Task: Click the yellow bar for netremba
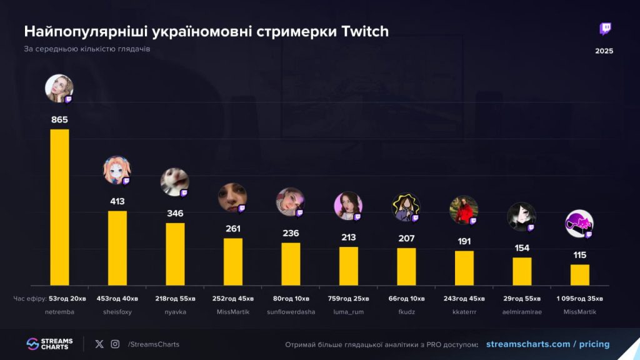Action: tap(59, 207)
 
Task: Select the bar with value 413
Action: tap(117, 248)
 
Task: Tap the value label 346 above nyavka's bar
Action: tap(175, 214)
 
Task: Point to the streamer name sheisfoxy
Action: tap(117, 311)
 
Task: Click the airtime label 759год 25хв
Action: tap(348, 298)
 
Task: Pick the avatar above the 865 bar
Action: tap(59, 88)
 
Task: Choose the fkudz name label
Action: tap(406, 311)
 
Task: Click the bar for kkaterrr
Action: tap(464, 267)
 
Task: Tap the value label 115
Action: tap(579, 255)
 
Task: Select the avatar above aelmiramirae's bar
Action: tap(521, 216)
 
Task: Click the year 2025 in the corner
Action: tap(604, 51)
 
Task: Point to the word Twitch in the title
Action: tap(366, 31)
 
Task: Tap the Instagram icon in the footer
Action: tap(115, 344)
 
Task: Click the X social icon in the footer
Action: tap(99, 344)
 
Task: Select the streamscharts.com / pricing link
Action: tap(547, 344)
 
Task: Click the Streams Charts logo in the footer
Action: tap(49, 344)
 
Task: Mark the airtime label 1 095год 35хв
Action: tap(579, 298)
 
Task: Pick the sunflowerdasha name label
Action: tap(291, 311)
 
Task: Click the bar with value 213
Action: tap(349, 266)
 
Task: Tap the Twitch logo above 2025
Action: tap(605, 29)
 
